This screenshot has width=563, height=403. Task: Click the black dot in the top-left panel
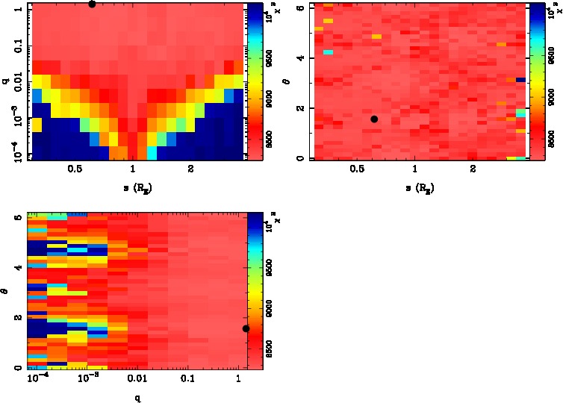pyautogui.click(x=91, y=4)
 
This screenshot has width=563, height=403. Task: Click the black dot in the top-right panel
pyautogui.click(x=373, y=119)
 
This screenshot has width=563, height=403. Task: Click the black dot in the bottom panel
pyautogui.click(x=246, y=328)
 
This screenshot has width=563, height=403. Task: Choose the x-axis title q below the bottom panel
pyautogui.click(x=138, y=398)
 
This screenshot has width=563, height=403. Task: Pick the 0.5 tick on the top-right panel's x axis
pyautogui.click(x=357, y=169)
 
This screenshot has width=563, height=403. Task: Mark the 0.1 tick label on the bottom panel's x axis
pyautogui.click(x=187, y=379)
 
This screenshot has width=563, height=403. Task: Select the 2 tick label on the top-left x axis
pyautogui.click(x=191, y=169)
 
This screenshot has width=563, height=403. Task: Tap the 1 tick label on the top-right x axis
pyautogui.click(x=414, y=169)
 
